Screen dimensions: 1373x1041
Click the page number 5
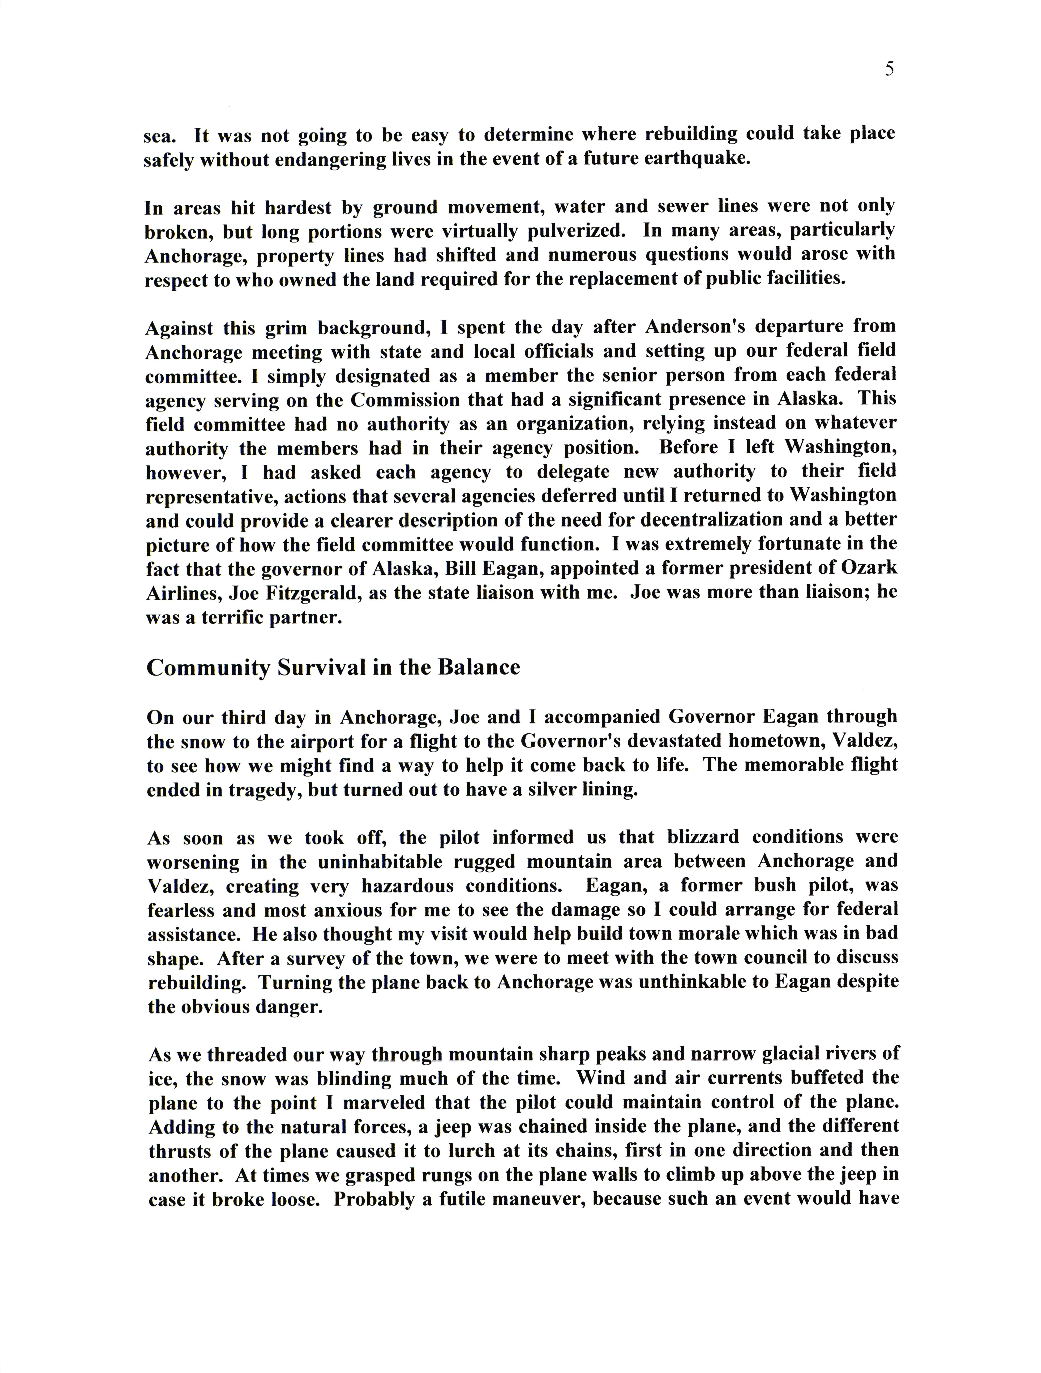tap(890, 69)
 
